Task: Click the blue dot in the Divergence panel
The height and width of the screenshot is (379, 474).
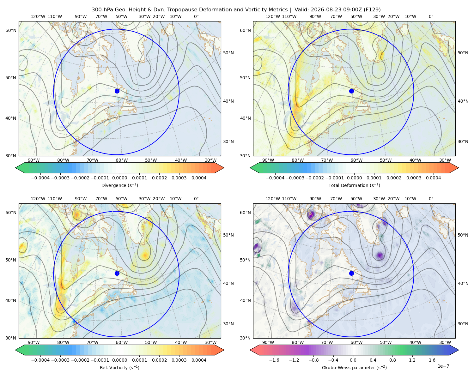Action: click(117, 91)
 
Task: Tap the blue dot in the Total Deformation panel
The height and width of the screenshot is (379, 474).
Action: click(351, 91)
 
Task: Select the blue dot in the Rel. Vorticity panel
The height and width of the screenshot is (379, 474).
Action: click(117, 273)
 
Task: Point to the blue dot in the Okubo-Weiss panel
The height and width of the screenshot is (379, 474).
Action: click(351, 273)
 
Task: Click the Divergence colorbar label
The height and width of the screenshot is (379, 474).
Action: click(119, 185)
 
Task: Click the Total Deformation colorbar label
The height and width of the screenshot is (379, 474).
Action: click(354, 185)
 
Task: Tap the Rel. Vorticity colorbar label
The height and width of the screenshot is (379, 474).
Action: click(119, 368)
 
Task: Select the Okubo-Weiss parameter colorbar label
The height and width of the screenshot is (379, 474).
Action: click(354, 368)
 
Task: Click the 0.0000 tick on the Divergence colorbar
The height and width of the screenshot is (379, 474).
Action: click(119, 178)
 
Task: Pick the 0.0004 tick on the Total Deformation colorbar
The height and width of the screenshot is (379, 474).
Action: click(433, 178)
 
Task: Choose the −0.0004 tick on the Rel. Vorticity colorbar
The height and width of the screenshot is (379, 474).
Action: click(40, 360)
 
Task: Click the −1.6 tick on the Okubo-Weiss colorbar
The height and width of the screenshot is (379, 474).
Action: click(274, 360)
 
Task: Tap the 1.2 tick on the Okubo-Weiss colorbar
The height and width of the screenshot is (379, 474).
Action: click(412, 360)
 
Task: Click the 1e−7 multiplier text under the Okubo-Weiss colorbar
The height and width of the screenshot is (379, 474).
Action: click(443, 366)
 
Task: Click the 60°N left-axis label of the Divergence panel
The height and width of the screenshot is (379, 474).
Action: click(11, 30)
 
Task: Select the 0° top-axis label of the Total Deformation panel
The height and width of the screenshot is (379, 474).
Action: click(431, 16)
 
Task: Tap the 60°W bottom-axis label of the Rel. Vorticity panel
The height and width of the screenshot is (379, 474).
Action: click(122, 342)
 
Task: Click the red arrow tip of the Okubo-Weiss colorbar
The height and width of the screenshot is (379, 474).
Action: click(251, 350)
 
